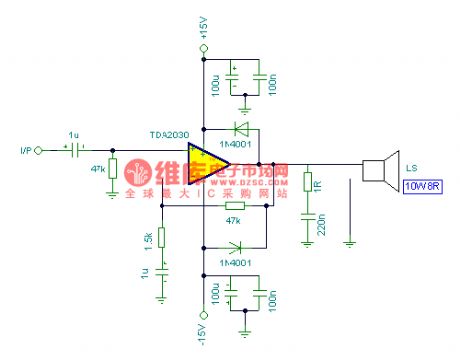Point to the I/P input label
point(25,151)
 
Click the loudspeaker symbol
point(375,172)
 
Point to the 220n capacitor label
point(319,227)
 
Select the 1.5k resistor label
point(147,240)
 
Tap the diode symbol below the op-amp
point(237,246)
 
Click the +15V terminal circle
point(203,45)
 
